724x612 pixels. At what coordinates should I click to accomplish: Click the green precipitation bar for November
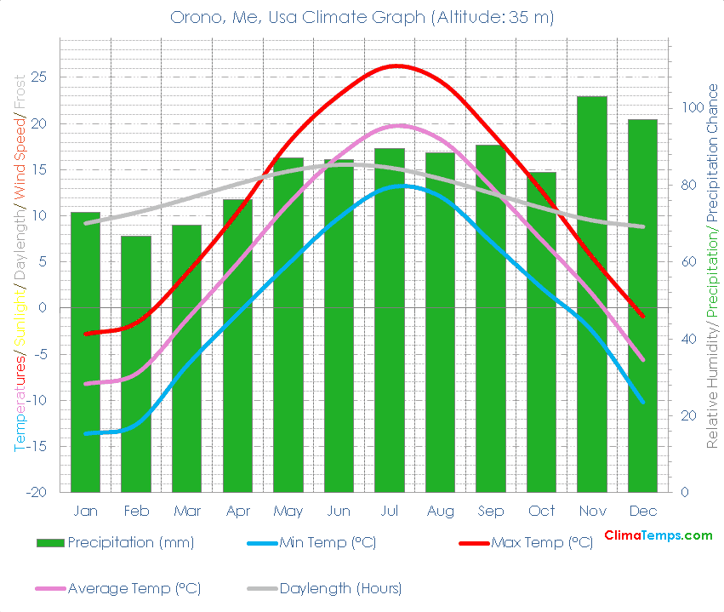click(x=592, y=294)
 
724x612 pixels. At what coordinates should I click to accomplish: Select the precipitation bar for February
click(x=136, y=363)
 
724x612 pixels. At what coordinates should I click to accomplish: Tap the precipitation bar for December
click(x=642, y=306)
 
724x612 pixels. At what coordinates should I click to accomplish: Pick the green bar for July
click(x=390, y=320)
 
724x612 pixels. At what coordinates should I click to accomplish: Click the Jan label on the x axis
click(x=85, y=511)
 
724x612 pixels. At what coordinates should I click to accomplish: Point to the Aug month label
click(x=440, y=511)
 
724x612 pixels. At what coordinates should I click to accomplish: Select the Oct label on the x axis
click(x=541, y=511)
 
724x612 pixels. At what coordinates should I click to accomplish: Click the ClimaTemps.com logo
click(x=658, y=535)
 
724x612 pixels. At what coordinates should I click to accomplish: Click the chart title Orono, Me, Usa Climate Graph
click(x=362, y=18)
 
